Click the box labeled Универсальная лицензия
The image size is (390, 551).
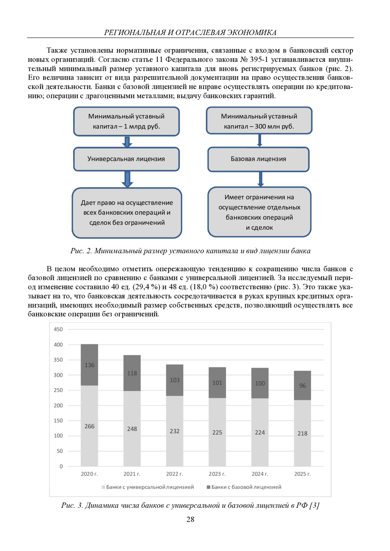click(x=126, y=159)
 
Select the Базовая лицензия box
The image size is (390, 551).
click(x=258, y=159)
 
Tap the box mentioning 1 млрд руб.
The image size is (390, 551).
click(x=126, y=121)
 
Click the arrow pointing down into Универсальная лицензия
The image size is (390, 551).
click(x=127, y=142)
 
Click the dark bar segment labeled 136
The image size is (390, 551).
click(x=89, y=365)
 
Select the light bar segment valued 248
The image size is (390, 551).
click(x=132, y=429)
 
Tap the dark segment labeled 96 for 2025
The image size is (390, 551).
click(x=302, y=386)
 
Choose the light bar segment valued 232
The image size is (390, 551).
click(x=175, y=431)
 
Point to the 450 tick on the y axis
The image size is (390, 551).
click(x=58, y=329)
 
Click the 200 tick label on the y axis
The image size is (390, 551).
click(x=58, y=405)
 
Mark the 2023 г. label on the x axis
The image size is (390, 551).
click(x=217, y=474)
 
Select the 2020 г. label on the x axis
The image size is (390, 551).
click(x=89, y=474)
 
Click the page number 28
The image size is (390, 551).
click(x=190, y=520)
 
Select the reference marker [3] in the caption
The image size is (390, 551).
click(x=314, y=505)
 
